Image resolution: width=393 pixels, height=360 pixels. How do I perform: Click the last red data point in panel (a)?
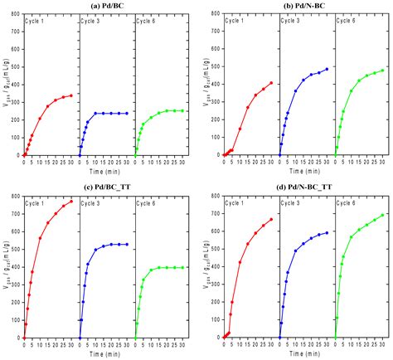click(x=71, y=95)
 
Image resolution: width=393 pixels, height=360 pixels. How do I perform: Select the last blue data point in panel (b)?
click(x=327, y=69)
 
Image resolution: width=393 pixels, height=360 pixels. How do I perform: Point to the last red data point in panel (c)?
click(x=71, y=202)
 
